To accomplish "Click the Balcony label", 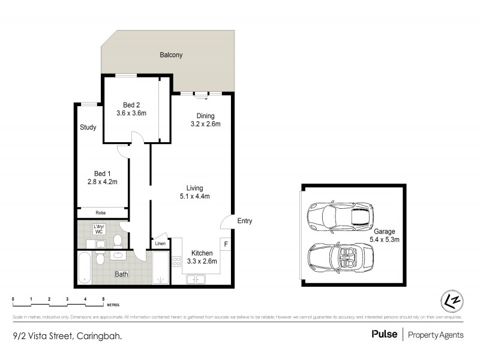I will click(x=171, y=55).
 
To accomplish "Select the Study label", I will click(x=88, y=127).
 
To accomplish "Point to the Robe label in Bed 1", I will click(x=101, y=212).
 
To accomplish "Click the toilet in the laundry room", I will click(x=118, y=242).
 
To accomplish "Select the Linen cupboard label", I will click(x=160, y=244).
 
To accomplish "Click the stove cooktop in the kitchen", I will click(x=177, y=262).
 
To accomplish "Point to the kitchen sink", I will click(x=196, y=279).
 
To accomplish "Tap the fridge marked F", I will click(x=226, y=244).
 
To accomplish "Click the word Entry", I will click(x=245, y=221).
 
